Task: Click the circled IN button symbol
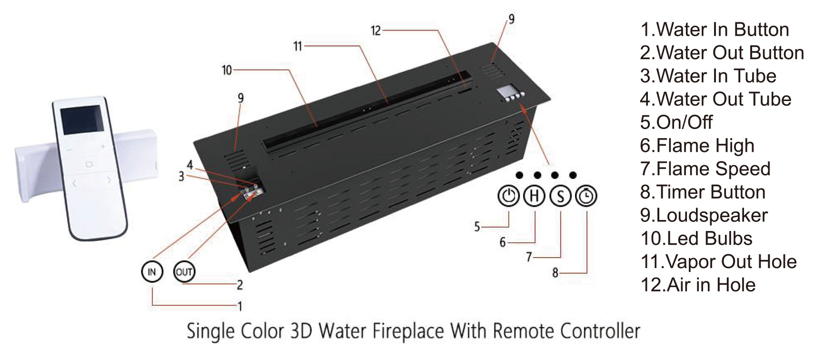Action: [x=152, y=272]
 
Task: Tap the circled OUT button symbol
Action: [x=184, y=272]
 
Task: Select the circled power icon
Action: [x=508, y=196]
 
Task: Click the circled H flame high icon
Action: [x=535, y=196]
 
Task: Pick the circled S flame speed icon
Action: [x=561, y=196]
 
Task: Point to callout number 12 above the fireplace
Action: [x=376, y=31]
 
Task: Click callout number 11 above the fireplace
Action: [x=298, y=46]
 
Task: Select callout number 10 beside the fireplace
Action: [x=227, y=70]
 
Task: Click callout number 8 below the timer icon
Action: [x=555, y=273]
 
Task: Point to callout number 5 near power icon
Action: [x=477, y=227]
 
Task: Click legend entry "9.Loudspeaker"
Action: [x=704, y=215]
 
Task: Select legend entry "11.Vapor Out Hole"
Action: [x=718, y=261]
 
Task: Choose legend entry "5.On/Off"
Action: [x=676, y=122]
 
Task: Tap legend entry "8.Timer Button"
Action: [x=703, y=192]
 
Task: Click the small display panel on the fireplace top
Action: [x=506, y=91]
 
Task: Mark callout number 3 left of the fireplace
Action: [x=181, y=177]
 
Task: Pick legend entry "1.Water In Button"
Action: [x=714, y=30]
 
